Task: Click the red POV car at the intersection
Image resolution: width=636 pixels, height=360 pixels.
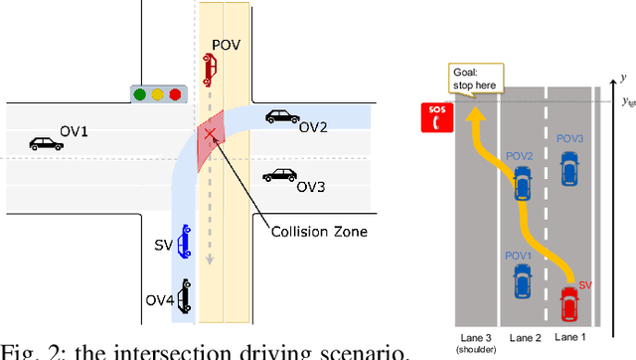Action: coord(208,70)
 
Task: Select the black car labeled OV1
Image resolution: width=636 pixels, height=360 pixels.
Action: coord(46,144)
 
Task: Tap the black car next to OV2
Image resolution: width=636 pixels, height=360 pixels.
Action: coord(283,116)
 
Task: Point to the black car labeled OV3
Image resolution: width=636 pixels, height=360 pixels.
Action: coord(279,175)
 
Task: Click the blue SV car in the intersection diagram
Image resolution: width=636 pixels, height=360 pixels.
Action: coord(184,241)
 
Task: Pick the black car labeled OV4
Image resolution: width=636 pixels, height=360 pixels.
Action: coord(184,294)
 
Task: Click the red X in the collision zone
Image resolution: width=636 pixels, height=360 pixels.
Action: coord(210,134)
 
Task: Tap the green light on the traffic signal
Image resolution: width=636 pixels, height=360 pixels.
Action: coord(143,95)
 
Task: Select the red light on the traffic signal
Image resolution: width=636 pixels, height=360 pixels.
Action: coord(176,95)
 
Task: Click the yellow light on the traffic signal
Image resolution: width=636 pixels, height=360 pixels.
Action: coord(159,95)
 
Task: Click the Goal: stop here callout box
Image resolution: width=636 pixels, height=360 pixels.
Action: coord(476,77)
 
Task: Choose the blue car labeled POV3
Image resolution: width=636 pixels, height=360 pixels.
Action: coord(569,169)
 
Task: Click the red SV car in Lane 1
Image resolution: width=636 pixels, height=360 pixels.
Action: coord(568,304)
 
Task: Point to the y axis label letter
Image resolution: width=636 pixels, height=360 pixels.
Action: coord(621,78)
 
